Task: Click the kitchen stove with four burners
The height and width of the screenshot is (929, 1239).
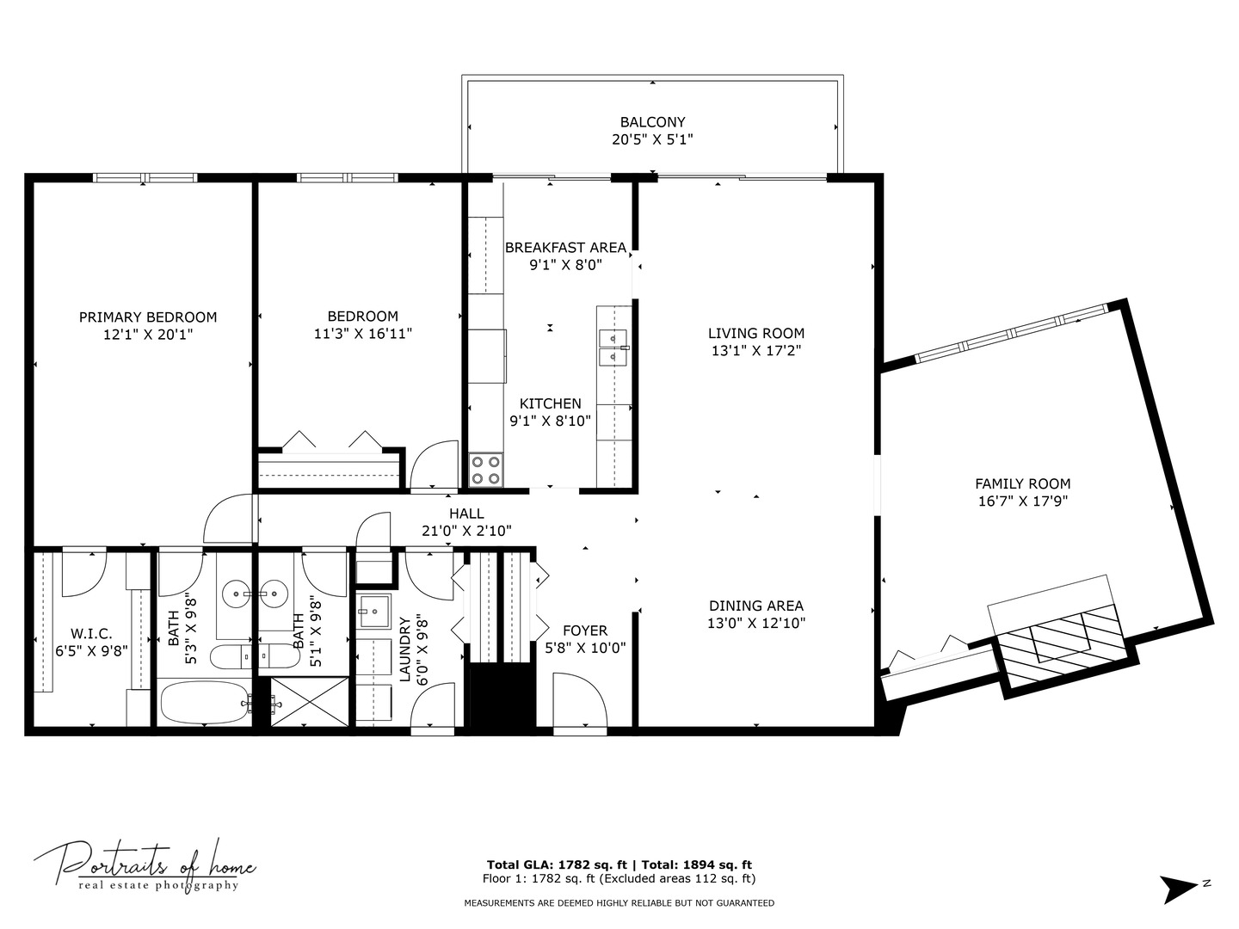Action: pos(486,470)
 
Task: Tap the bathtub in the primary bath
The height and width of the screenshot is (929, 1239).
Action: pos(204,702)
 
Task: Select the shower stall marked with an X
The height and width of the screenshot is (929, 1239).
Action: pos(310,701)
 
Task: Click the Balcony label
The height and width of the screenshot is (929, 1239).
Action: pos(652,122)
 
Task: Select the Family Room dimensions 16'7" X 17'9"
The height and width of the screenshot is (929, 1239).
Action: pos(1023,501)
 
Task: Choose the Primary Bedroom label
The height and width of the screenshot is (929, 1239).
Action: pos(148,317)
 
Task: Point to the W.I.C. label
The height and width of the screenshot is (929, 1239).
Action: pos(91,633)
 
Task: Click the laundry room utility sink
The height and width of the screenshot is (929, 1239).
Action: pos(373,612)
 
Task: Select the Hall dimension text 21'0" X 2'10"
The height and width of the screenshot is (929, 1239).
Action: pos(467,531)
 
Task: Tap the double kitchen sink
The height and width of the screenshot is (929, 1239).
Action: pos(613,348)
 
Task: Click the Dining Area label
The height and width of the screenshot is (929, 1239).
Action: pos(755,606)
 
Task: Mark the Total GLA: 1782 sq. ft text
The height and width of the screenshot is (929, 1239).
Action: pos(558,864)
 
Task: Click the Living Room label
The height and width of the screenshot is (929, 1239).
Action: pos(755,334)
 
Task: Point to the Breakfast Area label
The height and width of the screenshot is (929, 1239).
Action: pos(565,248)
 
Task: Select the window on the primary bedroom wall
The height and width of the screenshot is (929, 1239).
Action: pos(145,178)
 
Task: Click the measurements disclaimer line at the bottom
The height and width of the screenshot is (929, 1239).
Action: pos(619,903)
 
